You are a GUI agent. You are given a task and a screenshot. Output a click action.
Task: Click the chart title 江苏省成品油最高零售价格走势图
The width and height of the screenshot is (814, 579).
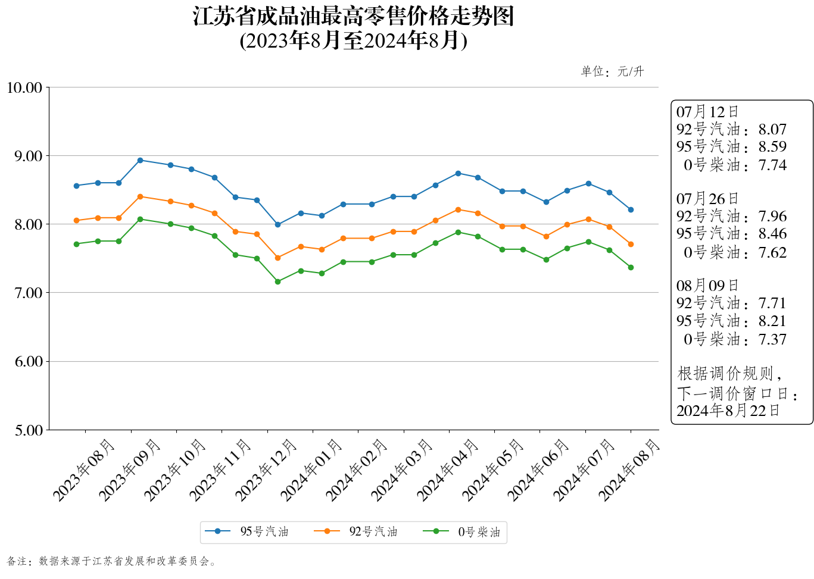click(x=353, y=17)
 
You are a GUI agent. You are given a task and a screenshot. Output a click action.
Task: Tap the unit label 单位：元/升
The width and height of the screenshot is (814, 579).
click(x=612, y=72)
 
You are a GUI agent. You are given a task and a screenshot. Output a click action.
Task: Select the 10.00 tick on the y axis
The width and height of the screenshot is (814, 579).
click(x=24, y=88)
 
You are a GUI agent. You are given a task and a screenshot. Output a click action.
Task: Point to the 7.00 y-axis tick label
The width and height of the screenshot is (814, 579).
click(x=24, y=293)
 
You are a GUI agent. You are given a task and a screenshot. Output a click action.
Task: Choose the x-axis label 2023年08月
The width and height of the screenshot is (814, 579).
click(x=84, y=470)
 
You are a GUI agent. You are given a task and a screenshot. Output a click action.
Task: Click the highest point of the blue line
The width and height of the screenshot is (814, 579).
click(x=140, y=160)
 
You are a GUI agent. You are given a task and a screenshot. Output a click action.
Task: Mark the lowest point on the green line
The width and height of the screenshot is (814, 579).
click(x=277, y=281)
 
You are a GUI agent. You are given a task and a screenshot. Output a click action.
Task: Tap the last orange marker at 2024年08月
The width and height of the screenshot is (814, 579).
click(x=631, y=244)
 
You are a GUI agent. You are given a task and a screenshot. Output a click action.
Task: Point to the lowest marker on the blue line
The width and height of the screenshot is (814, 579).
click(x=277, y=224)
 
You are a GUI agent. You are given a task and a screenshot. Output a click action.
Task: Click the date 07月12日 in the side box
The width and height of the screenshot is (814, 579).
click(x=707, y=112)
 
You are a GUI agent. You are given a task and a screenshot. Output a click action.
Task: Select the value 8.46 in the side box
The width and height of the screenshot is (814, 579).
click(x=772, y=234)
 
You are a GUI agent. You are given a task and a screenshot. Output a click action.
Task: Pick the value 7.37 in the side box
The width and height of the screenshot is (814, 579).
click(x=772, y=339)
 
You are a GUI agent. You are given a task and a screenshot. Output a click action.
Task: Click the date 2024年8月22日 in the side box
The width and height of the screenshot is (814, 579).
click(x=728, y=411)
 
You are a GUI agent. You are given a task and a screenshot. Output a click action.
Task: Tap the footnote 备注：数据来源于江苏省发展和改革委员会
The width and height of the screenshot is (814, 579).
click(x=111, y=561)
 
